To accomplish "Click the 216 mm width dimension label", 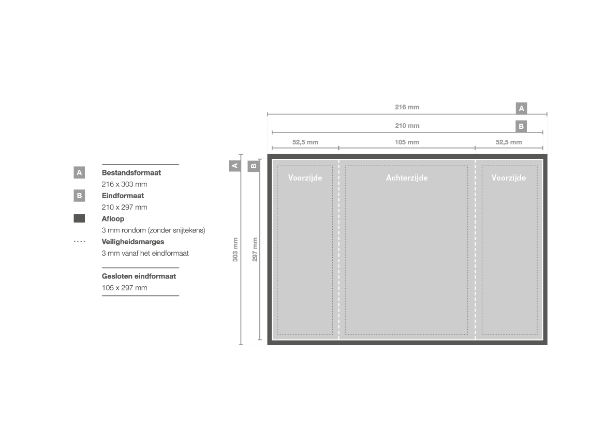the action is (x=407, y=107).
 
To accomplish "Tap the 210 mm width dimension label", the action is (x=407, y=125).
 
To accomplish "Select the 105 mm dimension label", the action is (x=407, y=142).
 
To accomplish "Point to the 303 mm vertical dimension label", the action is (x=235, y=249).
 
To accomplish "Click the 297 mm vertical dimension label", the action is (x=255, y=249).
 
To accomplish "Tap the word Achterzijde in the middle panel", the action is (x=407, y=178).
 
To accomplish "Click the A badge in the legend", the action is (x=79, y=172).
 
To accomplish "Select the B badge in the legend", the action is (x=79, y=196).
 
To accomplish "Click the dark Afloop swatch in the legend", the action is (x=79, y=218).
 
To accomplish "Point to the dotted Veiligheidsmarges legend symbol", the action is (x=80, y=242).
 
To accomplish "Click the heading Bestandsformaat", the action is (x=131, y=172).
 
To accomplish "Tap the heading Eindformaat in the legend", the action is (x=123, y=196).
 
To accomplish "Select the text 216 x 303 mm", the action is (x=124, y=184).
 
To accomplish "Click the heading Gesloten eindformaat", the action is (x=139, y=276).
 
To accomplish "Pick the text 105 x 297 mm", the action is (x=124, y=288).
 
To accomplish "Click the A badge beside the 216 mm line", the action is (x=521, y=108).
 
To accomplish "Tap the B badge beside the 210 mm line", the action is (x=521, y=126).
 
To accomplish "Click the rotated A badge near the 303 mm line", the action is (x=234, y=166).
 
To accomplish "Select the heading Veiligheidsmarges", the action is (x=132, y=242).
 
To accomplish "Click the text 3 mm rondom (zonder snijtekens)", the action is (x=153, y=230).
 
